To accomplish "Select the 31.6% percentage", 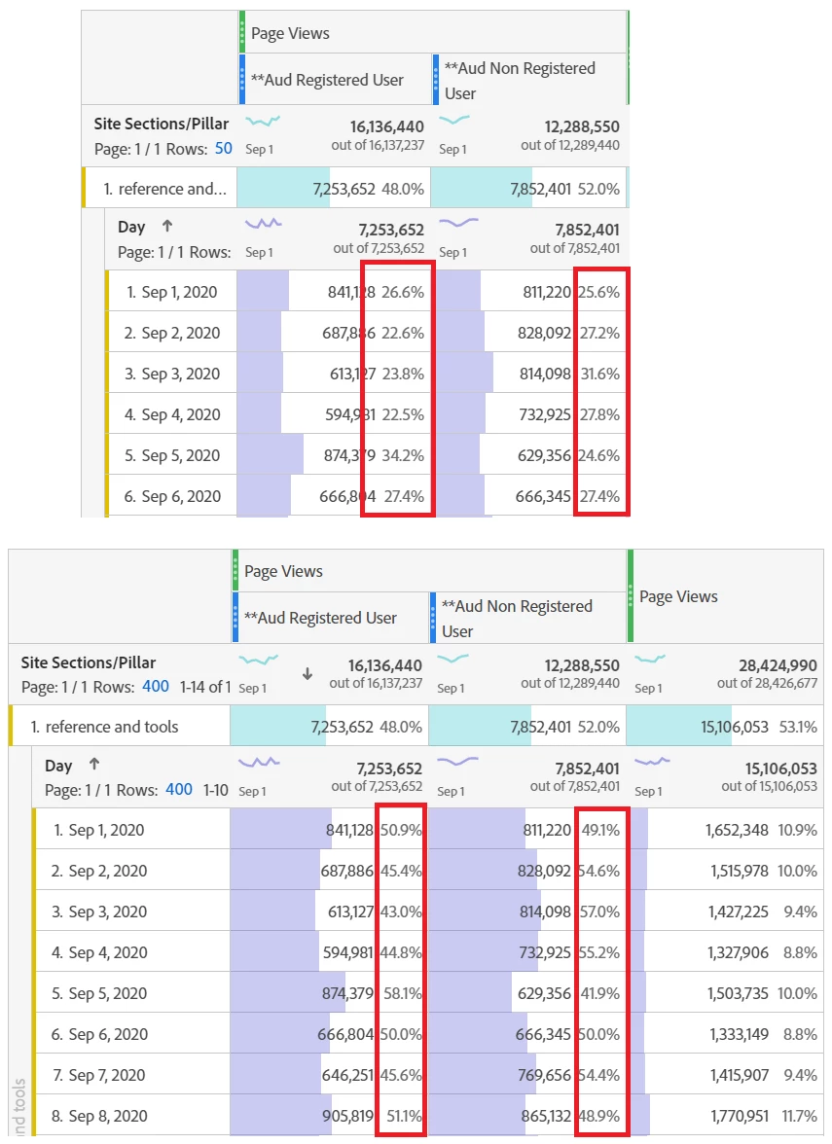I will tap(599, 374).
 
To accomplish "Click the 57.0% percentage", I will tap(598, 912).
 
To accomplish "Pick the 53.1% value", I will tap(798, 727).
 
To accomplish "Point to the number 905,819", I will tap(347, 1116).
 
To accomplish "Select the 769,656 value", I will tap(544, 1075).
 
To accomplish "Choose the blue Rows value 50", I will tap(224, 149).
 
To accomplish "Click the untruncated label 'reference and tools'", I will tap(112, 727).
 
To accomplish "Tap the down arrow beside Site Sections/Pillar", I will tap(307, 673).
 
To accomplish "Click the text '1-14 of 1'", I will tap(202, 686).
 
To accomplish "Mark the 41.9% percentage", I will tap(598, 993).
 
